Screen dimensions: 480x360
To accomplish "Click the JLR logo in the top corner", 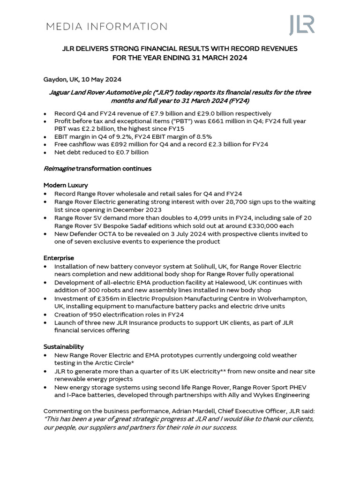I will click(301, 25).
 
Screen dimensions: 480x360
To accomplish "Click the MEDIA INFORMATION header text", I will click(106, 27).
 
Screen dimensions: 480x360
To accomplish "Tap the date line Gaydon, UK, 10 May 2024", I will click(82, 80).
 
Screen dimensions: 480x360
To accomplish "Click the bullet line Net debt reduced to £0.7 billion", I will click(101, 152).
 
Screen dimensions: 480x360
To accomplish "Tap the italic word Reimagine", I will click(59, 168).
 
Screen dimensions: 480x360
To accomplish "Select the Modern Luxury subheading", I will click(66, 185).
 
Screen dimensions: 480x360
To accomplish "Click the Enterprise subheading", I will click(59, 258).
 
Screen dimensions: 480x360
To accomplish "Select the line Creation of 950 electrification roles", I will click(119, 315).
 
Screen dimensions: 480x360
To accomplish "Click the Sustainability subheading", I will click(64, 347).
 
